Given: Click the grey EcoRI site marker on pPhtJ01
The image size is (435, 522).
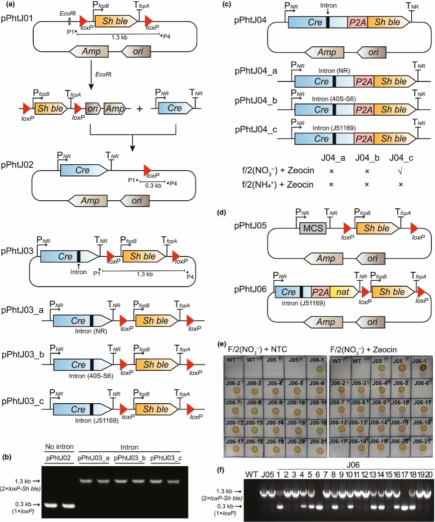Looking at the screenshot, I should pyautogui.click(x=69, y=20).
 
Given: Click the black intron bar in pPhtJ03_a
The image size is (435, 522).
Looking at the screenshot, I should pyautogui.click(x=91, y=320).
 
